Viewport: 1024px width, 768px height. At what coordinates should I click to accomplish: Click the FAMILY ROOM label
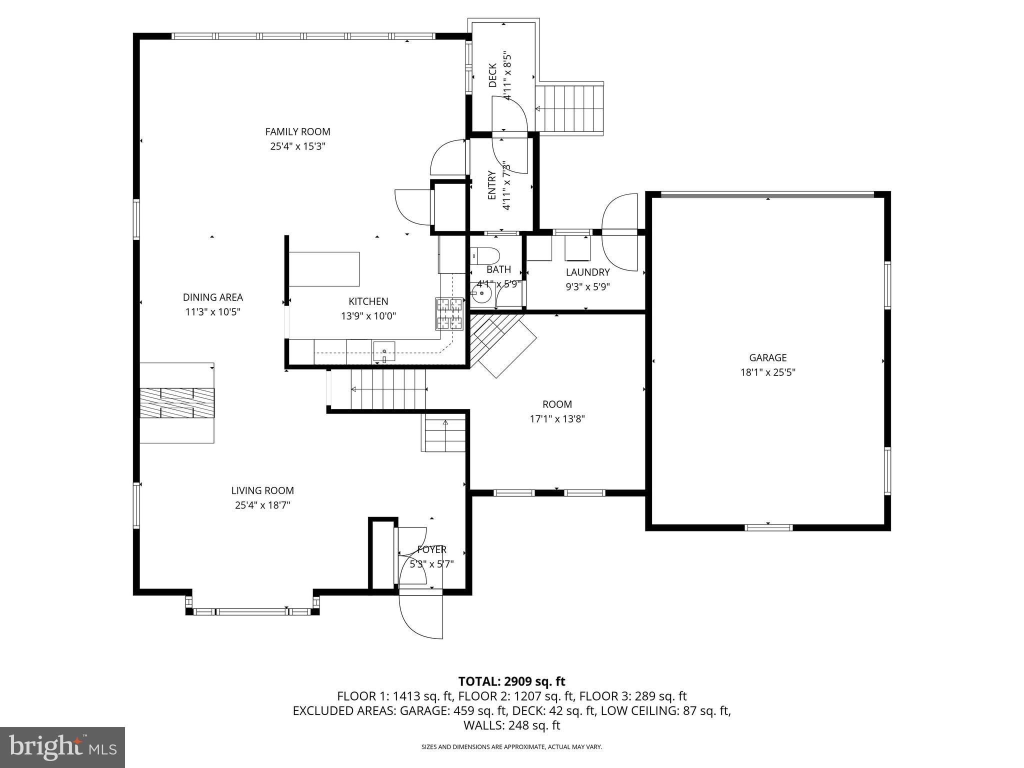(297, 132)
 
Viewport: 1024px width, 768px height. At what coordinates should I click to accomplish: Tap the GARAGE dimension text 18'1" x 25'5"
(767, 372)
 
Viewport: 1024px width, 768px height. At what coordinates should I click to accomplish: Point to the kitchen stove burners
(449, 313)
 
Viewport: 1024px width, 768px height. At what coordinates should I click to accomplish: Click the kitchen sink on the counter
(383, 351)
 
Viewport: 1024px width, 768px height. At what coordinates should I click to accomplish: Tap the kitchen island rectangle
(324, 268)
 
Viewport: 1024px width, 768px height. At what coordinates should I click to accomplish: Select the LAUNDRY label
(587, 272)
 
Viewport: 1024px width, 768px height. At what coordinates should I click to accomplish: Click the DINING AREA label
(213, 297)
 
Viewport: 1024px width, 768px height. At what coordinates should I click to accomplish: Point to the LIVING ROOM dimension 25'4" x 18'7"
(262, 505)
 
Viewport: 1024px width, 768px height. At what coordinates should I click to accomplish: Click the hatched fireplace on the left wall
(176, 402)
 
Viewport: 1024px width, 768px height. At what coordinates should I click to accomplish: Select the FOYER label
(431, 550)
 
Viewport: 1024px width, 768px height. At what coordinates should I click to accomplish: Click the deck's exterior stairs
(570, 108)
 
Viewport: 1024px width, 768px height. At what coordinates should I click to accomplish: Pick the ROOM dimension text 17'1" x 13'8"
(557, 418)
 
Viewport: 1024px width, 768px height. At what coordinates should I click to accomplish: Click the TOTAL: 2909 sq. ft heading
(511, 681)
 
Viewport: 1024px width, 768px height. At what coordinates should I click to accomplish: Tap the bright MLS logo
(62, 747)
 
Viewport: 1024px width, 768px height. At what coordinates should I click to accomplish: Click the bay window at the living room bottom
(252, 611)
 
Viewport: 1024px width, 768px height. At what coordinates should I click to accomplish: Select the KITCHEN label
(368, 301)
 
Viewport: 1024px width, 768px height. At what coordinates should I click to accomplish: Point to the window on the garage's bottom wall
(768, 527)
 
